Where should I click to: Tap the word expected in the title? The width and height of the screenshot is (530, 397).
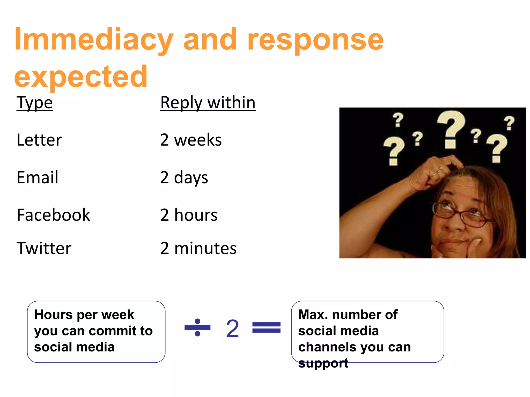(x=81, y=77)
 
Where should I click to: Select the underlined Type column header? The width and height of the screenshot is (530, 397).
(x=35, y=103)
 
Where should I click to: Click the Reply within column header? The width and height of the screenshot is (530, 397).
(x=208, y=103)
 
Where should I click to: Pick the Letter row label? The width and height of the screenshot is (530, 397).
(x=39, y=140)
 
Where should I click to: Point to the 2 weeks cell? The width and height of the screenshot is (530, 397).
(x=191, y=140)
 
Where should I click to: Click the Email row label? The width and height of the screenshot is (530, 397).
(x=38, y=178)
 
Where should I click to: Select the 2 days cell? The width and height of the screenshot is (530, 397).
(x=184, y=178)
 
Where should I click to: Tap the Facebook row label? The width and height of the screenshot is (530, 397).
(x=53, y=215)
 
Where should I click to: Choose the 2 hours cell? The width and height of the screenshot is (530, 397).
(x=189, y=215)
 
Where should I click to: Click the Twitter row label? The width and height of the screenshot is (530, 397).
(x=44, y=248)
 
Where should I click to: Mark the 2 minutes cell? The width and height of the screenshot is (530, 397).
(x=198, y=248)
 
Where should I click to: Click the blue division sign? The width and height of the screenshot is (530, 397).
(x=197, y=327)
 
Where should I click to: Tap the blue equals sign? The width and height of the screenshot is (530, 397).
(x=266, y=327)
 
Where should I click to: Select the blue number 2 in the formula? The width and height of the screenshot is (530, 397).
(x=232, y=329)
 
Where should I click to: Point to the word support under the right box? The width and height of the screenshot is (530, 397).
(x=323, y=363)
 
